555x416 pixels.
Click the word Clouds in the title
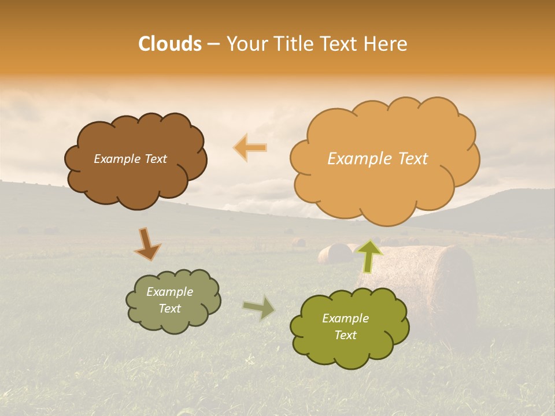[170, 44]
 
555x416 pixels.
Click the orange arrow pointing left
[250, 147]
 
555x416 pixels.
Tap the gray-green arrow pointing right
[260, 308]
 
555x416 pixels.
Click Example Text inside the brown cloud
[130, 159]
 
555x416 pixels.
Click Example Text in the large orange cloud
[378, 159]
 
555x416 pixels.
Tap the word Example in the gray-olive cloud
[169, 292]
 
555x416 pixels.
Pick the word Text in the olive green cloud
[345, 335]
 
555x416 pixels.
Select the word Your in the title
[247, 44]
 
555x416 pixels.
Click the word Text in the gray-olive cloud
[169, 309]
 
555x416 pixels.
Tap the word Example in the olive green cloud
[345, 318]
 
